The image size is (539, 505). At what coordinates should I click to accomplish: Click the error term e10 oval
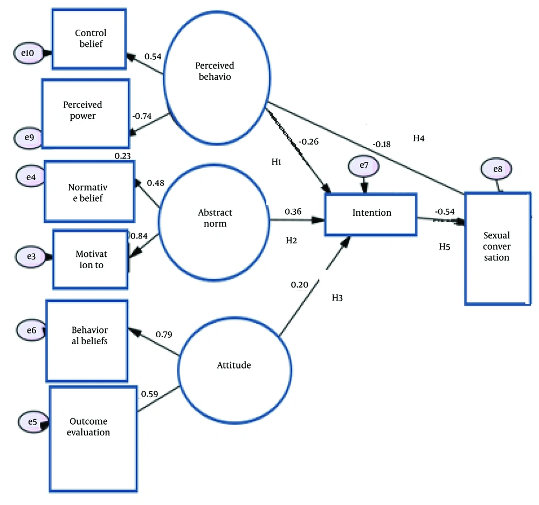point(29,53)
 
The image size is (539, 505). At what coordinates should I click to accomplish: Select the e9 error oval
point(29,138)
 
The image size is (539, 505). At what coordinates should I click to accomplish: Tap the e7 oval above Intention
point(364,166)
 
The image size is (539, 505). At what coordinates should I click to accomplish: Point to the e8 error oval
point(496,169)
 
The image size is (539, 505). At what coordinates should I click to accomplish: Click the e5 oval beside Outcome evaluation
point(33,422)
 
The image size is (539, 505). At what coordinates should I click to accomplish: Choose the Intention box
point(371,215)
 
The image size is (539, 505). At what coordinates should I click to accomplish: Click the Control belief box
point(89,39)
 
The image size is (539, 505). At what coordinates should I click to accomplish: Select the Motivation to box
point(91,260)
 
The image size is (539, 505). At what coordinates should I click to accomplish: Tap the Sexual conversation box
point(497,249)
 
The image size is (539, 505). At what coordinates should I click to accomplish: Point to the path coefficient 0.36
point(293,211)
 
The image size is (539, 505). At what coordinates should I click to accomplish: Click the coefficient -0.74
point(142,117)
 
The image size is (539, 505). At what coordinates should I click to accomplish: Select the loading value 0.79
point(164,335)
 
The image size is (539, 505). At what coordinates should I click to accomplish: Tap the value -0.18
point(382,145)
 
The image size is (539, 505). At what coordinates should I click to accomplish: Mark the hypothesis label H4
point(419,138)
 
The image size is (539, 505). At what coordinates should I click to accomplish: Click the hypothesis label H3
point(337,298)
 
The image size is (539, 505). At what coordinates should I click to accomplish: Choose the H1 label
point(277,162)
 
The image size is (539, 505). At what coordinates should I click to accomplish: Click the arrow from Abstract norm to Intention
point(298,220)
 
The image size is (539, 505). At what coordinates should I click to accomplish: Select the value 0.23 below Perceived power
point(122,156)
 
